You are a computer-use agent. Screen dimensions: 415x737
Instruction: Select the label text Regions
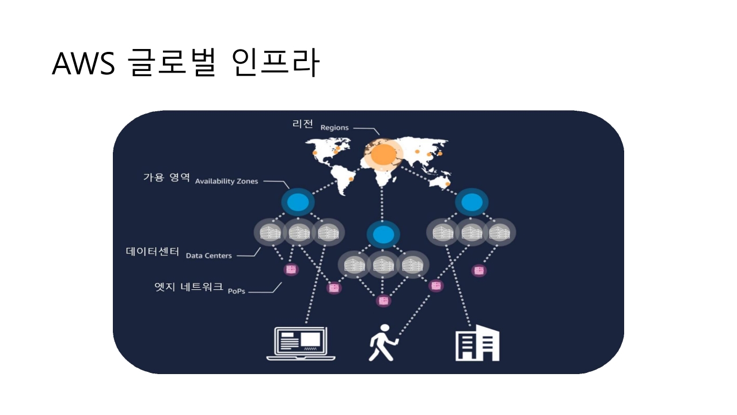click(335, 127)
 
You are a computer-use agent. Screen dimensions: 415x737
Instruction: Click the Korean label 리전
click(303, 124)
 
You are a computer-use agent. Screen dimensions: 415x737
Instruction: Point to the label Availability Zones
click(226, 181)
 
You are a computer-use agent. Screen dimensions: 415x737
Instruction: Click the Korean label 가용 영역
click(166, 178)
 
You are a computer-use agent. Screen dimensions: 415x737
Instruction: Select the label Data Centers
click(208, 255)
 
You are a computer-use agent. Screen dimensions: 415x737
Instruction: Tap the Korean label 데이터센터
click(153, 252)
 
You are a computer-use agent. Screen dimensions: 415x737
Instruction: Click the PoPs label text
click(236, 291)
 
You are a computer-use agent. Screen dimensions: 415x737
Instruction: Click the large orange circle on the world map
click(383, 154)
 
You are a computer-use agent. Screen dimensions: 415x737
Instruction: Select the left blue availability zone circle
click(298, 202)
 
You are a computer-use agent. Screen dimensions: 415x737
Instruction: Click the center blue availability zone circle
click(382, 235)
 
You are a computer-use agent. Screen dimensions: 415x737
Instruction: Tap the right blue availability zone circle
click(472, 202)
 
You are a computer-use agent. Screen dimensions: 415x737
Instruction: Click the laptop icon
click(301, 344)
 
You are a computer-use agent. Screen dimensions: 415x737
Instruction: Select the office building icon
click(477, 345)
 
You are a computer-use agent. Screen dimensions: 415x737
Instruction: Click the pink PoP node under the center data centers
click(382, 300)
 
